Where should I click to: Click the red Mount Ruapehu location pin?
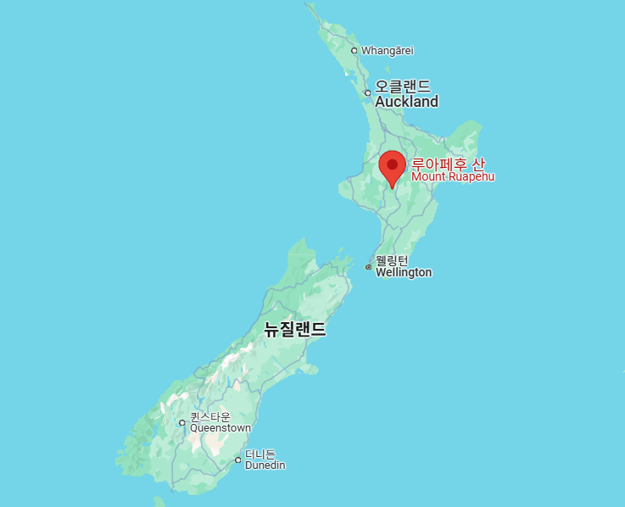pyautogui.click(x=392, y=166)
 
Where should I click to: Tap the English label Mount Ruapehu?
pyautogui.click(x=452, y=177)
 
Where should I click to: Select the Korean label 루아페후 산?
pyautogui.click(x=448, y=164)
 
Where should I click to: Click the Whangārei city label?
pyautogui.click(x=387, y=51)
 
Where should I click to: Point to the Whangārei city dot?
pyautogui.click(x=354, y=51)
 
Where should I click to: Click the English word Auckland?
pyautogui.click(x=406, y=102)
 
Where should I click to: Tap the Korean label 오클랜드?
pyautogui.click(x=403, y=86)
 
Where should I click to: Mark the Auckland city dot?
pyautogui.click(x=367, y=93)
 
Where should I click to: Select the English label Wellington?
pyautogui.click(x=404, y=272)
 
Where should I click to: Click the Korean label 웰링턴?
pyautogui.click(x=392, y=260)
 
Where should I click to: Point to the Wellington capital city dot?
pyautogui.click(x=368, y=267)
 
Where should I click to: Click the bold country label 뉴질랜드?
pyautogui.click(x=294, y=330)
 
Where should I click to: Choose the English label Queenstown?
pyautogui.click(x=220, y=428)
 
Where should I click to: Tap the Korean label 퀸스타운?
pyautogui.click(x=209, y=416)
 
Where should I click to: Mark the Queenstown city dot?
pyautogui.click(x=181, y=422)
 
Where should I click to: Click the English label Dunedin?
pyautogui.click(x=265, y=465)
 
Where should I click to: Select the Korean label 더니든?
pyautogui.click(x=259, y=454)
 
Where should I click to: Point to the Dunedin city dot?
pyautogui.click(x=237, y=460)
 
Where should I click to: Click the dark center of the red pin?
pyautogui.click(x=392, y=164)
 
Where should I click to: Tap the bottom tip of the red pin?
pyautogui.click(x=392, y=187)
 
